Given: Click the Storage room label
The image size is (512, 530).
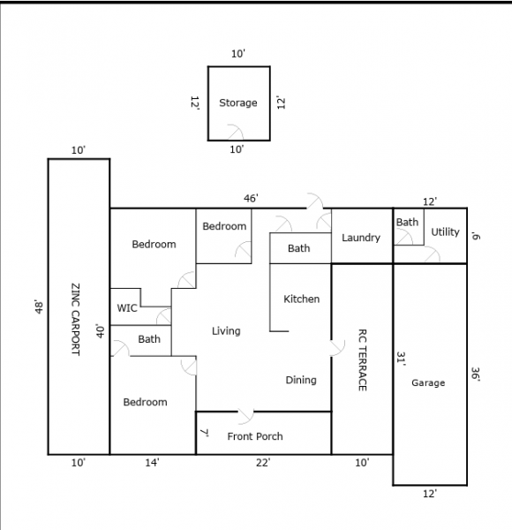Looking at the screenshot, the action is point(238,102).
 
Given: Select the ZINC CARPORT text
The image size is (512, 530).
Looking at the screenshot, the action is point(76,320).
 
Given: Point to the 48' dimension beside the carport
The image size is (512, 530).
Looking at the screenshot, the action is point(39,307).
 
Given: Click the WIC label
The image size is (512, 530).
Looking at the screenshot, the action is point(127,308).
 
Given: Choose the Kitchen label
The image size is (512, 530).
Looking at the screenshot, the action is point(301,299).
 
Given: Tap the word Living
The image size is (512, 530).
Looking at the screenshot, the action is point(226,331).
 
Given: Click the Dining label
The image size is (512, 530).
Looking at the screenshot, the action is point(301,380).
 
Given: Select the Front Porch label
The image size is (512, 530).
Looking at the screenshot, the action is point(255,436).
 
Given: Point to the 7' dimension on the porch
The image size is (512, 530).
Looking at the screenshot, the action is point(204,433).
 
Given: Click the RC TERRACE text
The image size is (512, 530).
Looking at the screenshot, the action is point(362,360).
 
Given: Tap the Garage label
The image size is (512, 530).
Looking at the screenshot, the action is point(428,383).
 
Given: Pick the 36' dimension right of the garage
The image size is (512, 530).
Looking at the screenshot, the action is point(475,375).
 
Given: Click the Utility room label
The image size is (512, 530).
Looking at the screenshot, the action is point(445,231).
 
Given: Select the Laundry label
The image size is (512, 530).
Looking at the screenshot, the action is point(361,238).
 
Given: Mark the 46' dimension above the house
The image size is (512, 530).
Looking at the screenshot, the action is point(251,199).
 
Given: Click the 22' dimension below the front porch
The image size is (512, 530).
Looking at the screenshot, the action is point(263,462).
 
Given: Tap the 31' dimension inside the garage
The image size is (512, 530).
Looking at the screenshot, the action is point(401,359).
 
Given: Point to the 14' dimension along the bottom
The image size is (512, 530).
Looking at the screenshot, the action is point(153,462).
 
